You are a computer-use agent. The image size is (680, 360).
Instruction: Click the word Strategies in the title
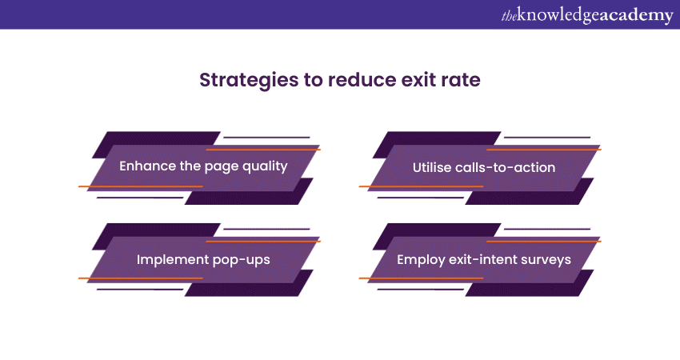[x=249, y=81]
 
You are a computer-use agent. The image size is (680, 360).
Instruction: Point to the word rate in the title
[x=461, y=80]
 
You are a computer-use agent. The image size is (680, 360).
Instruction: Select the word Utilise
[x=432, y=167]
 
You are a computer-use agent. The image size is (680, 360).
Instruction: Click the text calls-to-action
[x=506, y=167]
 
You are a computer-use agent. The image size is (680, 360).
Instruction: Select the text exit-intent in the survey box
[x=482, y=259]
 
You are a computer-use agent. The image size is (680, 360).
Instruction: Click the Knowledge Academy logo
[x=587, y=15]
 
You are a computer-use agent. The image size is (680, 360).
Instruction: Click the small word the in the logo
[x=509, y=16]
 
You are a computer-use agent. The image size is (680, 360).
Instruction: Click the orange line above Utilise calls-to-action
[x=544, y=150]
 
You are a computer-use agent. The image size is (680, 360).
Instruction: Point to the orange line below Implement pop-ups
[x=141, y=278]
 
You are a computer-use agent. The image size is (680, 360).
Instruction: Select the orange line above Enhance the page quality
[x=263, y=150]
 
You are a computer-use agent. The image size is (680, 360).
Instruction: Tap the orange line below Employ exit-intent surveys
[x=421, y=278]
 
